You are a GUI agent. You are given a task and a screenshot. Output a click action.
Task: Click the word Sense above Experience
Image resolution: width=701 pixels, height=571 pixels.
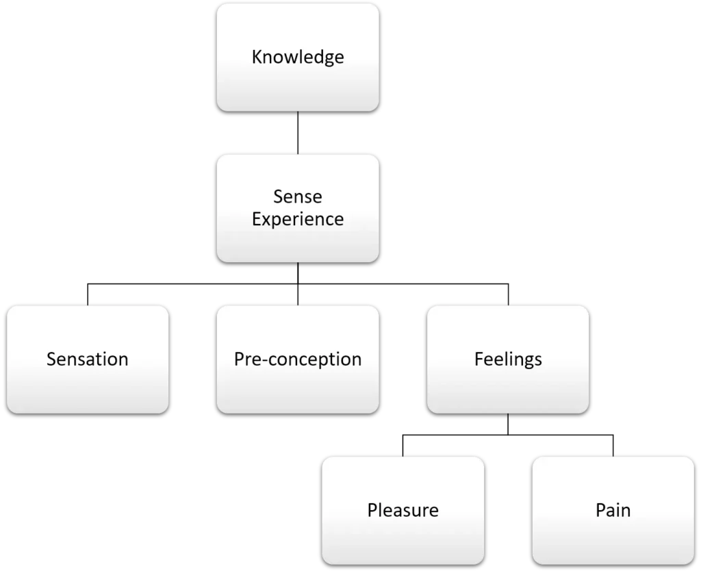point(297,196)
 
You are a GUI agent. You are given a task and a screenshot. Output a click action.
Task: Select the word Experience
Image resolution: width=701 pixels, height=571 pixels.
point(297,220)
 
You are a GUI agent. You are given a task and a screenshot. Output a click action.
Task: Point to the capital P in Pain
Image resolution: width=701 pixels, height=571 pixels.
point(600,510)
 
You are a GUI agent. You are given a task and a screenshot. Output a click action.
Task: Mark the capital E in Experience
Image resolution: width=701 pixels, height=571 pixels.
point(257,218)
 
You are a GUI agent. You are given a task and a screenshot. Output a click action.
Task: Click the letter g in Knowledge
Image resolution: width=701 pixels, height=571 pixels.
point(324,58)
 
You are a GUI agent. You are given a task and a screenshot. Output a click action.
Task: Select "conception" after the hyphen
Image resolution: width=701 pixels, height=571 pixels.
point(315,359)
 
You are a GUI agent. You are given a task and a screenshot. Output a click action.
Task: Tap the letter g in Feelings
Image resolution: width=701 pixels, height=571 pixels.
point(524,361)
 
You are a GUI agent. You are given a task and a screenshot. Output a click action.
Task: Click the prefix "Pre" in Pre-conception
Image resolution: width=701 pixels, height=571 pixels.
point(247,359)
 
